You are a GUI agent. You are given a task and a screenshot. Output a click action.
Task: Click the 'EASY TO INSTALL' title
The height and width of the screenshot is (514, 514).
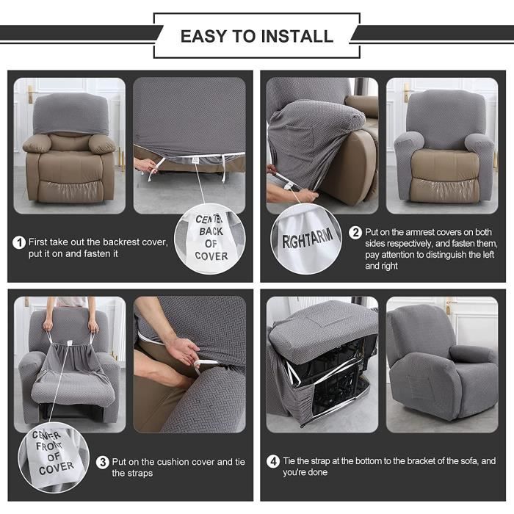(x=256, y=36)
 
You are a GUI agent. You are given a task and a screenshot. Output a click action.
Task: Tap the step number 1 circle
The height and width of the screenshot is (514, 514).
(x=19, y=242)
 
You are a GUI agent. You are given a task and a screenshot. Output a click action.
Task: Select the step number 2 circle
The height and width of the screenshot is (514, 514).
(x=355, y=233)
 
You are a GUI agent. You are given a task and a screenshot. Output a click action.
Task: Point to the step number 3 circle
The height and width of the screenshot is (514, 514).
(x=103, y=462)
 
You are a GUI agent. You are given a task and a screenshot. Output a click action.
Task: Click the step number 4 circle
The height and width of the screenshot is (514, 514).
(x=272, y=461)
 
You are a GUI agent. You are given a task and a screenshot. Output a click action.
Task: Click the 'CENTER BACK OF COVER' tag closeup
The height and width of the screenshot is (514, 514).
(x=211, y=237)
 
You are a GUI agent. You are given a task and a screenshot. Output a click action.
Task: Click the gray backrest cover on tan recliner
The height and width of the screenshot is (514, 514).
(x=70, y=114)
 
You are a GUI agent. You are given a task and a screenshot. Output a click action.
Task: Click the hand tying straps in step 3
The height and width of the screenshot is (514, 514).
(x=180, y=345)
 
